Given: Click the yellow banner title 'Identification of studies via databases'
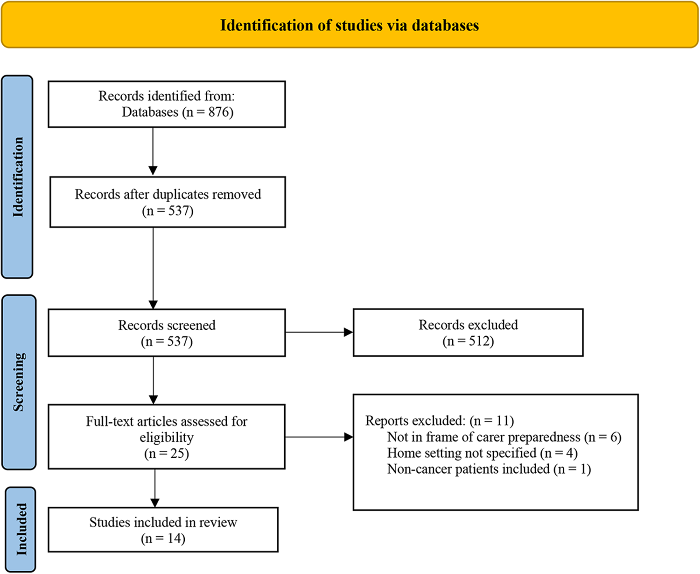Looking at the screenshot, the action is click(x=350, y=25).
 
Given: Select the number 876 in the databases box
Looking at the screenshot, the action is click(x=218, y=112).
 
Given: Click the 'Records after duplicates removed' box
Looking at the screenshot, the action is click(x=168, y=202).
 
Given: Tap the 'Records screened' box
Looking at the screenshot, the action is click(x=167, y=333).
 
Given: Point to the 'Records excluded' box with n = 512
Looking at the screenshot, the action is click(x=468, y=333).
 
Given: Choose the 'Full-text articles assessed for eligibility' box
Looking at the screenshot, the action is click(x=167, y=437).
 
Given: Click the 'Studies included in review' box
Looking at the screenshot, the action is click(x=163, y=530).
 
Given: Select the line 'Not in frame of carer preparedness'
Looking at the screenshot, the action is click(x=483, y=437).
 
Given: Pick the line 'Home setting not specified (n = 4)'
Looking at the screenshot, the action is click(x=482, y=453).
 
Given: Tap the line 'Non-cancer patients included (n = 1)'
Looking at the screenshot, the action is click(x=489, y=469).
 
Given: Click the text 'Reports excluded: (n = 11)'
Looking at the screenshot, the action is click(x=440, y=420).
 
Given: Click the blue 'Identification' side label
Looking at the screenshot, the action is click(x=17, y=177).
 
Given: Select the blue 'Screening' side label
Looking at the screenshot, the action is click(x=19, y=382).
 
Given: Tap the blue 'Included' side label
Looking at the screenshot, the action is click(x=21, y=530).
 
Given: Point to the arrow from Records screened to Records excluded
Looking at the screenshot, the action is click(x=319, y=332).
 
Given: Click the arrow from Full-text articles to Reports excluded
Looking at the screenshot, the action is click(x=319, y=437).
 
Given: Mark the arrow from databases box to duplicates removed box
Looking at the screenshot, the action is click(x=153, y=151).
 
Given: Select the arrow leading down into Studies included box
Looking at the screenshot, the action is click(x=155, y=489).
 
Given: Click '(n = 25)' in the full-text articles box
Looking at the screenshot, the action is click(x=167, y=454).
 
